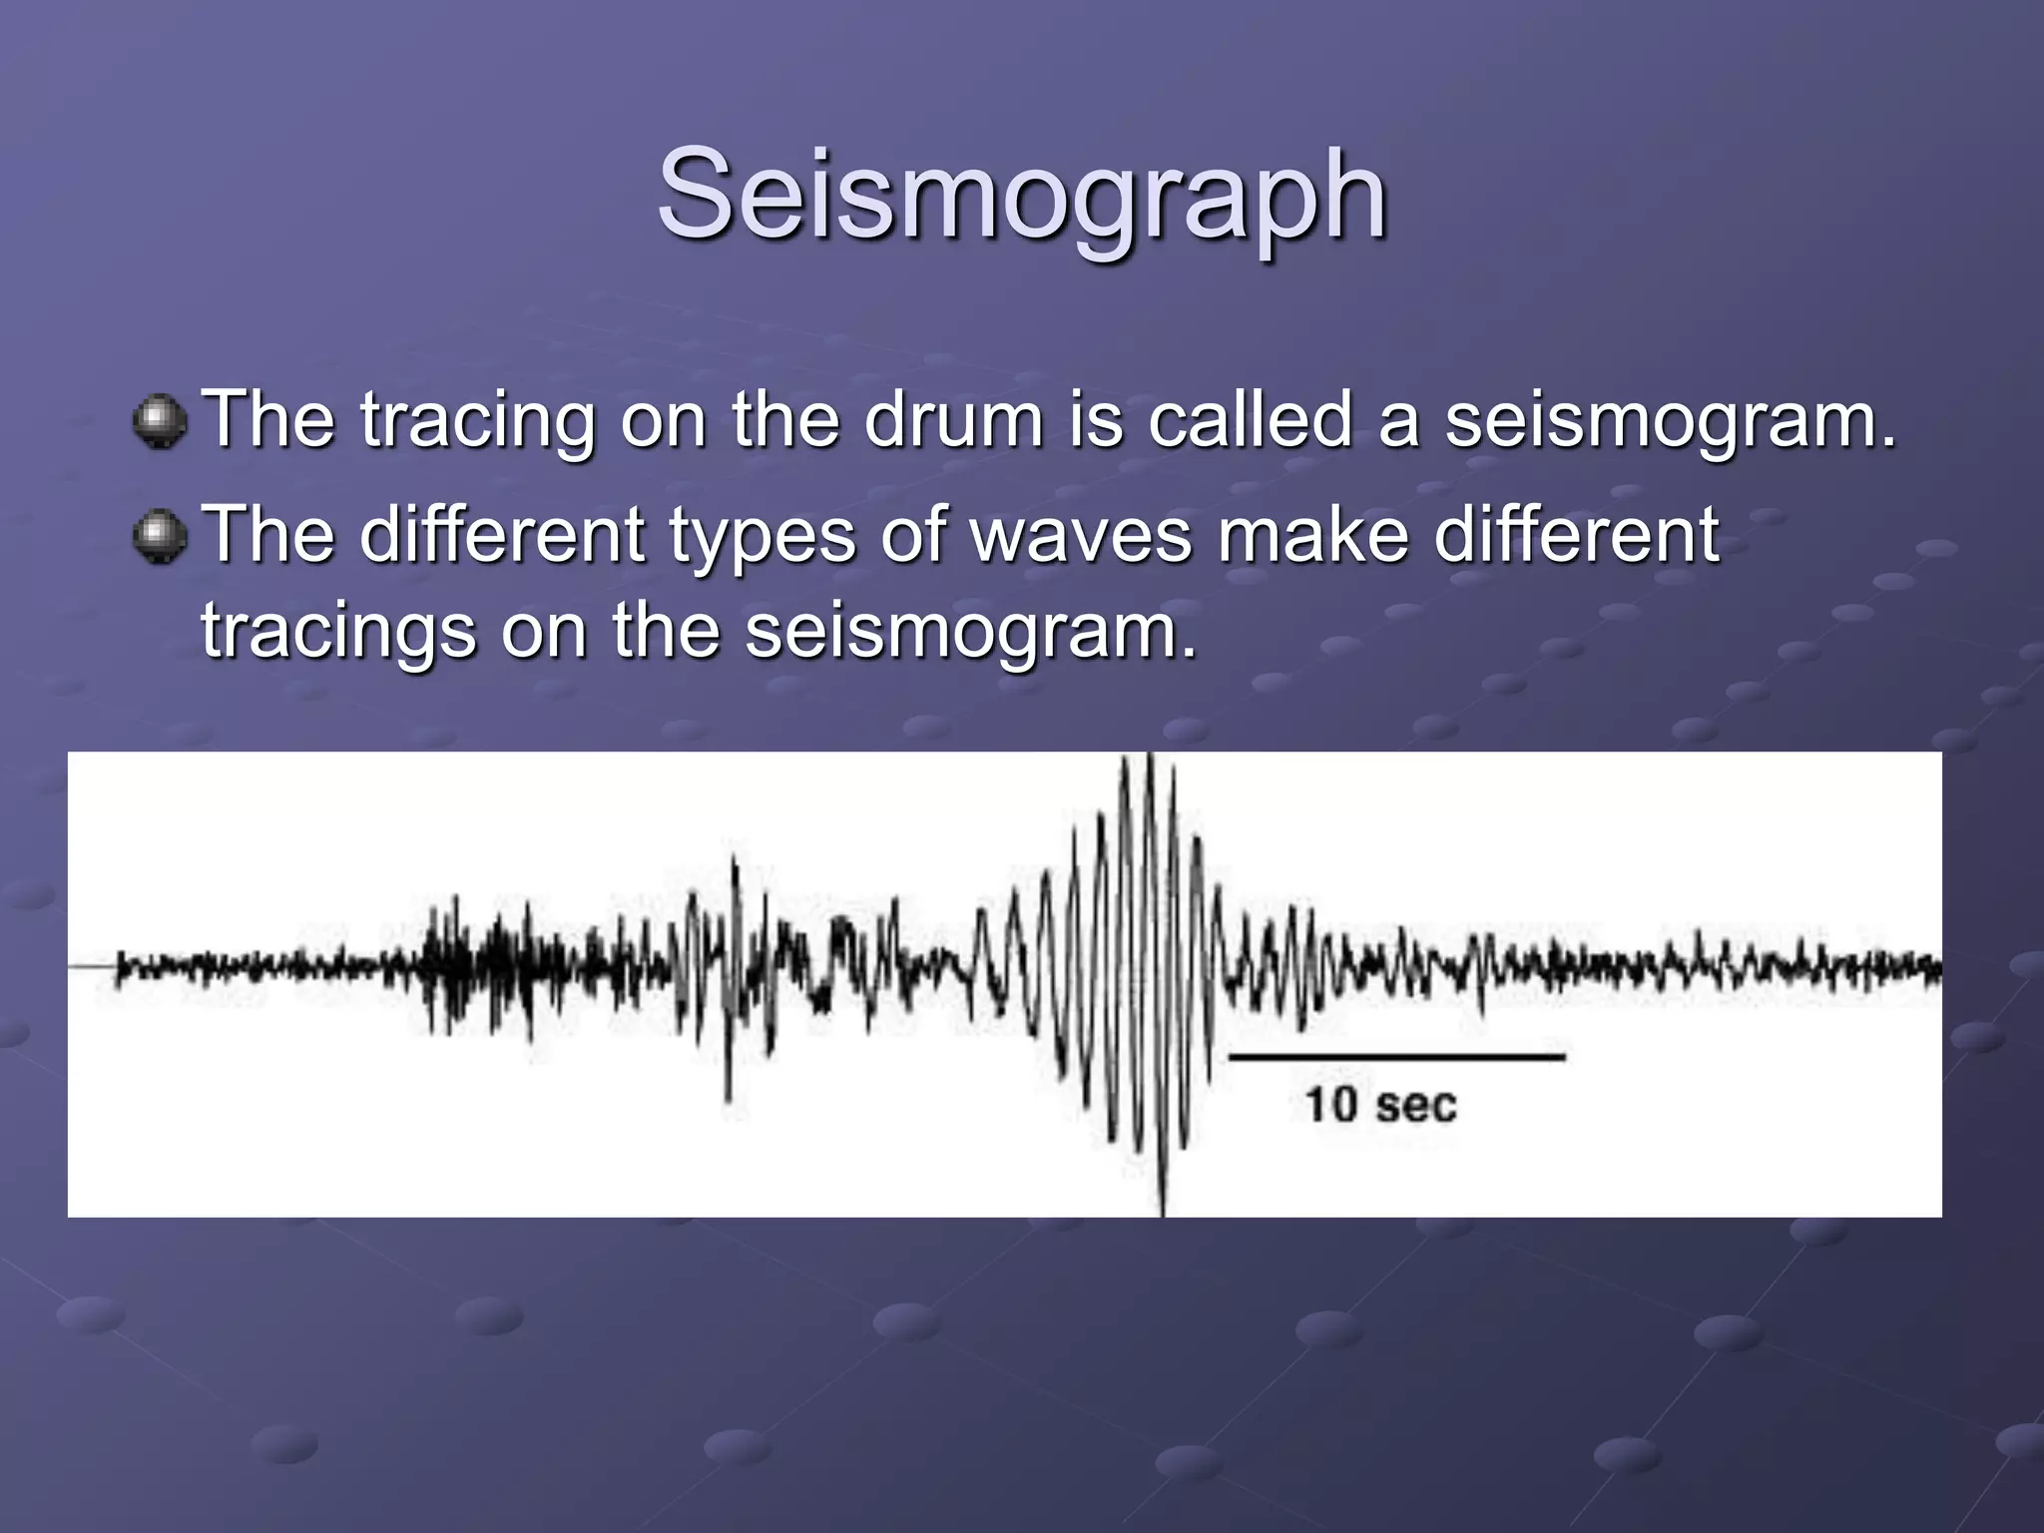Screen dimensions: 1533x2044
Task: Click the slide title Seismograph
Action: (x=1022, y=195)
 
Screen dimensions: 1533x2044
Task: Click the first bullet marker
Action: (x=160, y=422)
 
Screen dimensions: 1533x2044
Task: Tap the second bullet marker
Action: (x=160, y=537)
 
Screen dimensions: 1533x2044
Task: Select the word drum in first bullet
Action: (x=953, y=420)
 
